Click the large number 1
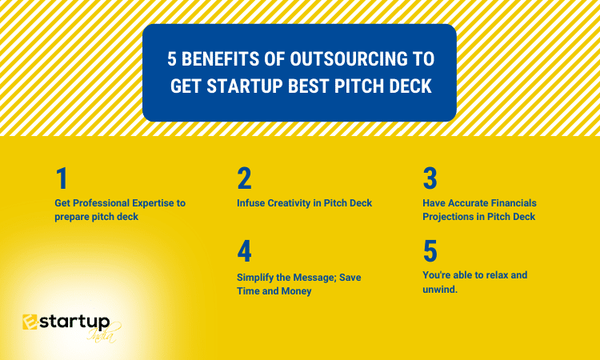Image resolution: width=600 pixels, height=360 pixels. (x=62, y=178)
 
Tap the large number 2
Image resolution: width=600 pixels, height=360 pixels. (x=244, y=178)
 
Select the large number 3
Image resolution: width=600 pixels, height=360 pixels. (x=430, y=178)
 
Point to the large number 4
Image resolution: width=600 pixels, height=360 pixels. (x=244, y=251)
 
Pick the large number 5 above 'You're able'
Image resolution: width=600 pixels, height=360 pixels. (x=430, y=251)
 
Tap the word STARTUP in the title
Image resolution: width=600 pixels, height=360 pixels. (x=245, y=86)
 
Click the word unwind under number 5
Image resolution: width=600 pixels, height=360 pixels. (x=440, y=290)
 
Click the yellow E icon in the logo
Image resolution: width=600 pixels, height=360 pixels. (x=30, y=322)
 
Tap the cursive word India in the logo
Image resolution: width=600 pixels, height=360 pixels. (x=102, y=334)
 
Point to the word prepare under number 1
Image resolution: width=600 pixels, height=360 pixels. (x=71, y=218)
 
